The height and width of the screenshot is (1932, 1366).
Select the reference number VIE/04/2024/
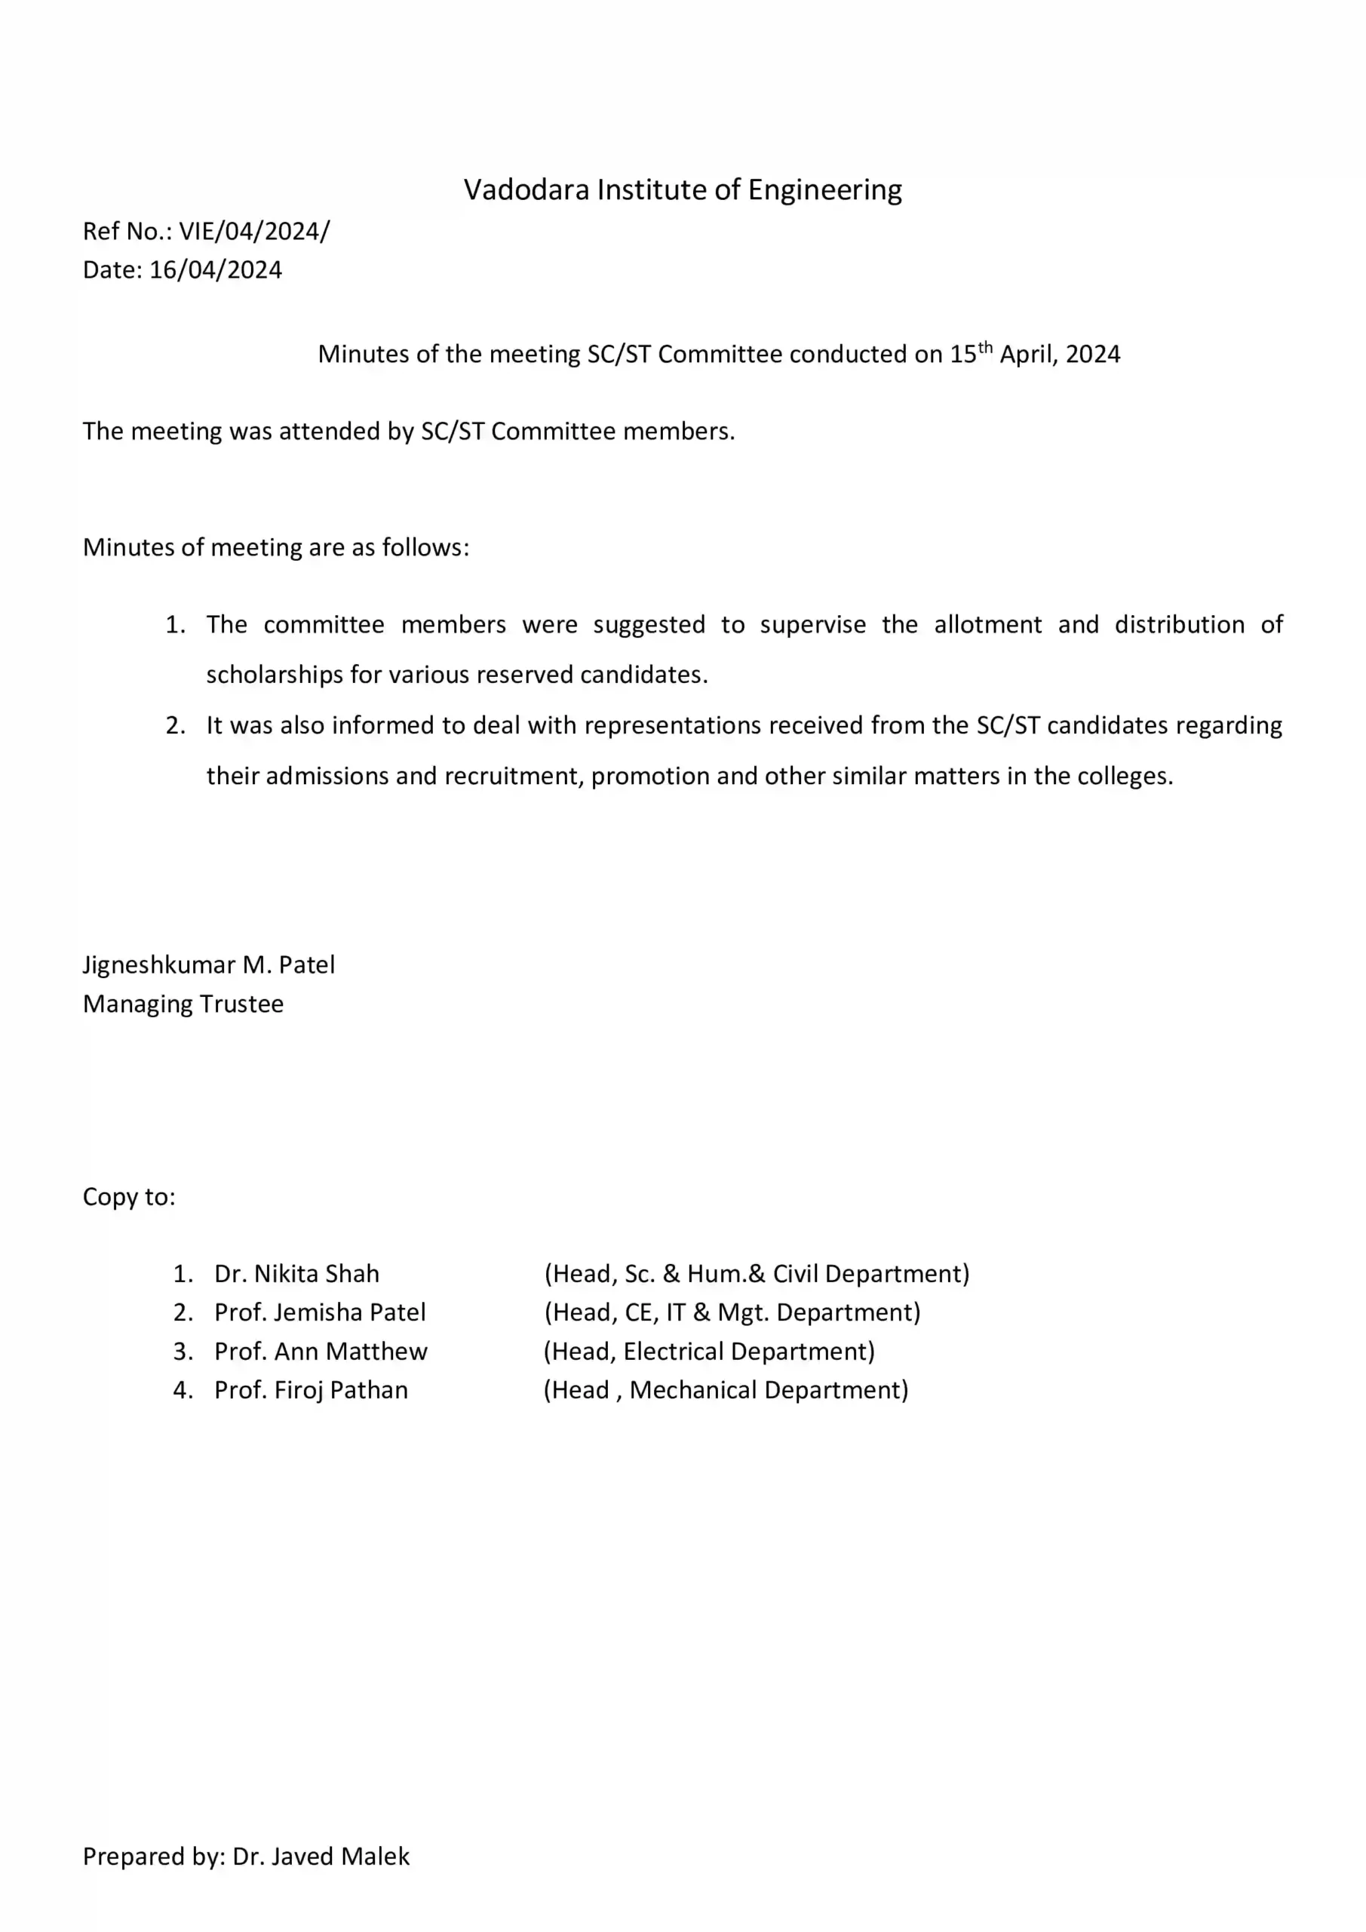point(254,232)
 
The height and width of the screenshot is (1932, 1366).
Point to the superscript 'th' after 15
point(985,346)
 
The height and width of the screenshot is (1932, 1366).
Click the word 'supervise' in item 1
point(812,625)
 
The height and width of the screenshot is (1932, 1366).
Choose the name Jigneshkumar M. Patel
point(209,965)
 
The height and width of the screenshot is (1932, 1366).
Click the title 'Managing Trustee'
point(183,1004)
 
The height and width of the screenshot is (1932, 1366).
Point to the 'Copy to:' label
point(129,1197)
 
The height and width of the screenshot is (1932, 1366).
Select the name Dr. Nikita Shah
point(296,1274)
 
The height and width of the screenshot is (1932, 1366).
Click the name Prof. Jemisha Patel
point(320,1312)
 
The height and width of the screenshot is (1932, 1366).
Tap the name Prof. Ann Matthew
point(321,1352)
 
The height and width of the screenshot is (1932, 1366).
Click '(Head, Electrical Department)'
point(709,1352)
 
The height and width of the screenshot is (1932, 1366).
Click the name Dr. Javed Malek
point(321,1857)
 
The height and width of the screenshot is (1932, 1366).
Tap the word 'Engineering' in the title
point(824,190)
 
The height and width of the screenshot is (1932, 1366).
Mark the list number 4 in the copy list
point(182,1390)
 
